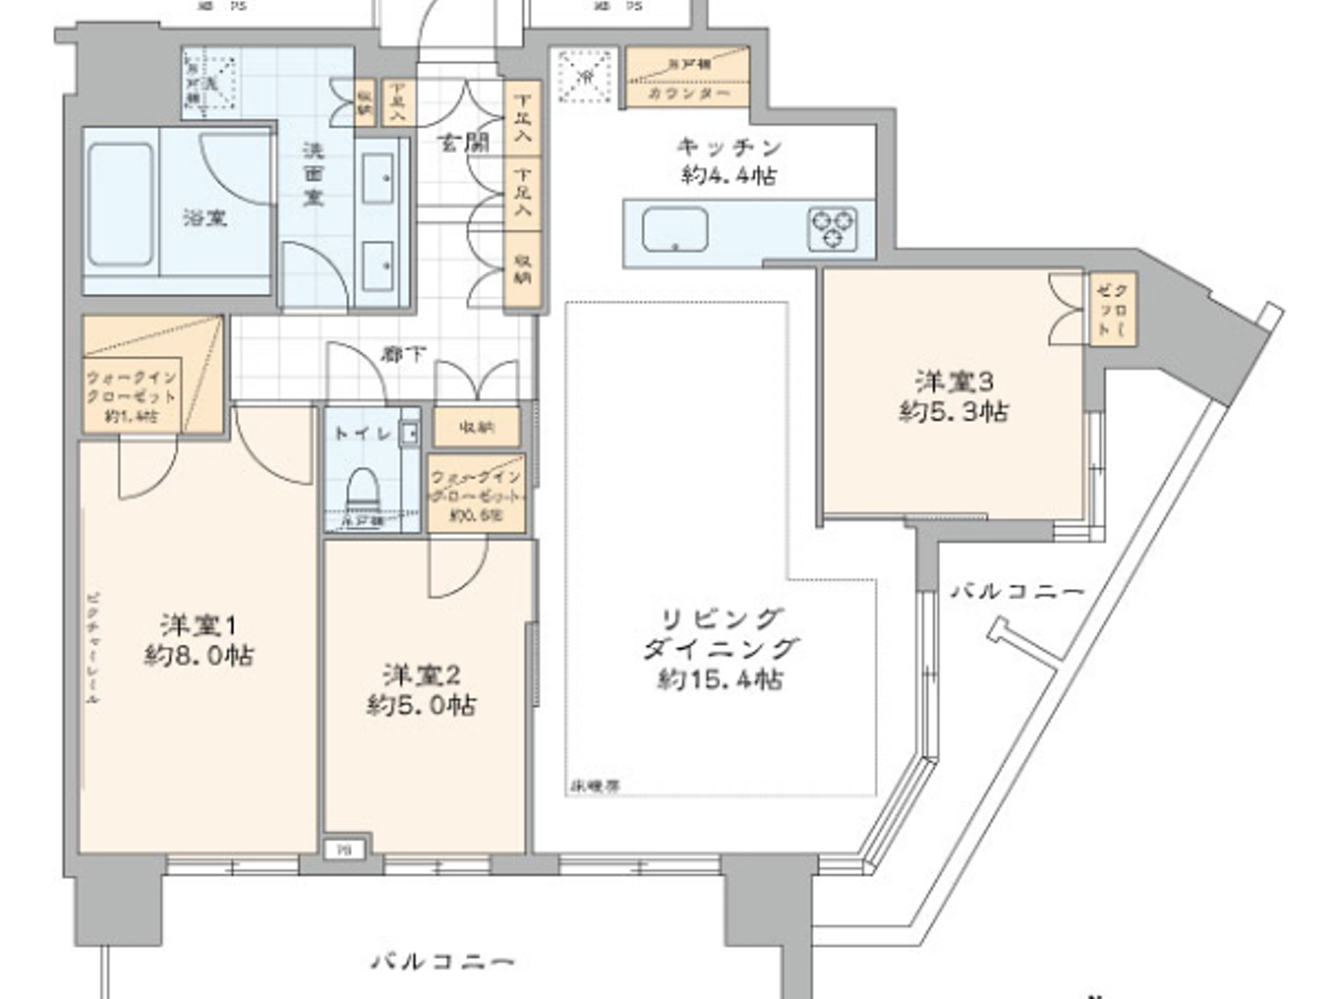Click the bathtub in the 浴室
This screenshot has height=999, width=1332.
[120, 205]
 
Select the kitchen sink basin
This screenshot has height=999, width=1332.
[675, 230]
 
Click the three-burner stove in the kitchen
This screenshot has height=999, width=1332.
[832, 229]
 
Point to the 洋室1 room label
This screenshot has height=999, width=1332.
[198, 625]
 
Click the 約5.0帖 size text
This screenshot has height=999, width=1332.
[421, 705]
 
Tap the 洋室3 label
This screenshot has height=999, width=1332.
[953, 382]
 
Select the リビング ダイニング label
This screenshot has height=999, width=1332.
[720, 634]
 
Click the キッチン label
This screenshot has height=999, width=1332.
[729, 147]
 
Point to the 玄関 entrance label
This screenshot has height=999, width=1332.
[463, 143]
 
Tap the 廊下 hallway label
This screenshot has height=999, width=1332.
[403, 354]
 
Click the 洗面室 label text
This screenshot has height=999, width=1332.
[313, 174]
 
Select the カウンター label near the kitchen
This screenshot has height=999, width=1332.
[689, 94]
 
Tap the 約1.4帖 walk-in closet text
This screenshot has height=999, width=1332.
[131, 417]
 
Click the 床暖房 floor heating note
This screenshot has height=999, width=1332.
[596, 786]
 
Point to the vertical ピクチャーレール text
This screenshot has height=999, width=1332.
[92, 647]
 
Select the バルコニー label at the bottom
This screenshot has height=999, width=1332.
[442, 961]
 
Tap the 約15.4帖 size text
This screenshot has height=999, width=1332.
[720, 679]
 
